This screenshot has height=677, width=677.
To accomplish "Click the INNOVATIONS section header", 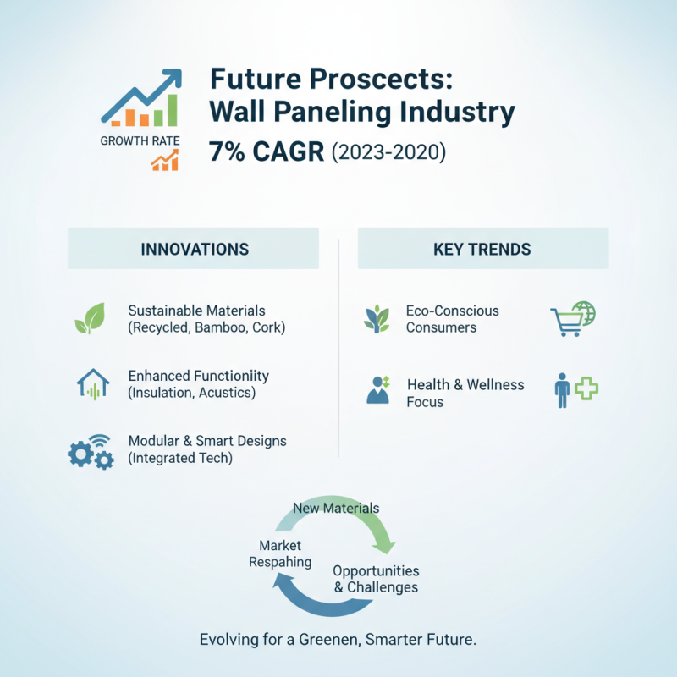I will [195, 249].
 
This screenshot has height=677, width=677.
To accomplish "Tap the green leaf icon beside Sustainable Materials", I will [89, 319].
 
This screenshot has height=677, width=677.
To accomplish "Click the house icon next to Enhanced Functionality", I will [93, 383].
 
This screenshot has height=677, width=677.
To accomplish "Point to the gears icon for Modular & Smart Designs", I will [91, 452].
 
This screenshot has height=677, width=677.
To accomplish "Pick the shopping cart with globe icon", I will [573, 318].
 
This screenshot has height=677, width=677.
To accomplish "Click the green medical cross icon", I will [586, 388].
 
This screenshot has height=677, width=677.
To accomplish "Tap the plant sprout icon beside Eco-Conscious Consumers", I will [377, 319].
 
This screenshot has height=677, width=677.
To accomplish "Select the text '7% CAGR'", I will [266, 153].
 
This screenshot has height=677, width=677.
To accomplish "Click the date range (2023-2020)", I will [388, 154].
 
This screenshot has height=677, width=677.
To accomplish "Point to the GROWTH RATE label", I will [140, 140].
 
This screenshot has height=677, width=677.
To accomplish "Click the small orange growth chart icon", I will [165, 160].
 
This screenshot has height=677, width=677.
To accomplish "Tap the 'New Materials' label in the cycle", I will [335, 508].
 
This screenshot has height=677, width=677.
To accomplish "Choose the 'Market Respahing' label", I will [280, 553].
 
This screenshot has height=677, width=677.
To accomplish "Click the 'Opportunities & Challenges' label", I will [376, 579].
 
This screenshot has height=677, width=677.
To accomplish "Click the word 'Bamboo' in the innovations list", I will [219, 327].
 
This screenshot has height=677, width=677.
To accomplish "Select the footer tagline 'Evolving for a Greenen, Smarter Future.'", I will [338, 639].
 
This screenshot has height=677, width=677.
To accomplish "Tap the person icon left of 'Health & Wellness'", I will [377, 390].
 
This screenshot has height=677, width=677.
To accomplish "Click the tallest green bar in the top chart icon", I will [171, 109].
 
